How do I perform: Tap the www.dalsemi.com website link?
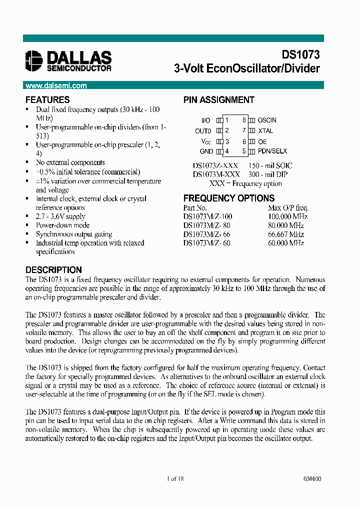56,85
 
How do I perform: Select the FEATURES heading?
47,99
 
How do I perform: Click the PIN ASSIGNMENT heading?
218,99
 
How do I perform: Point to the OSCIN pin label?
267,120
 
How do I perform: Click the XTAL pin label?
265,130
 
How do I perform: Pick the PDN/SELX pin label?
272,151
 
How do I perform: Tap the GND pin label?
206,151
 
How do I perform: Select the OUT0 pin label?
203,131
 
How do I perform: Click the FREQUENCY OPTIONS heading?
228,198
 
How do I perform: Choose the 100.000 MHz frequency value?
287,216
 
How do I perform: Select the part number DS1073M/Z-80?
207,225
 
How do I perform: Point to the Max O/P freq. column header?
288,207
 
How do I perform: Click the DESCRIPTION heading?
53,269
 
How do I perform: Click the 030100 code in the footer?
312,478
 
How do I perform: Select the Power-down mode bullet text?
62,225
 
